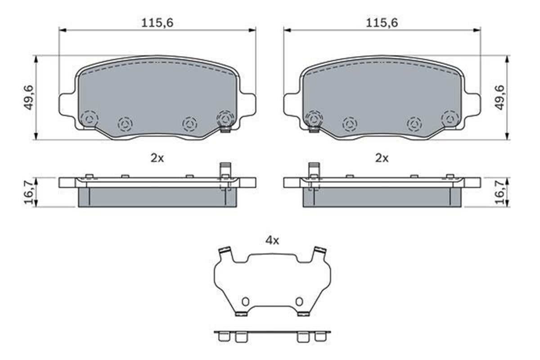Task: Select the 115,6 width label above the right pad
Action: (382, 23)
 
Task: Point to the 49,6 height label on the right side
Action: (499, 98)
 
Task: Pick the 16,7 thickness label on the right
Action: (499, 192)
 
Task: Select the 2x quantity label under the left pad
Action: (157, 158)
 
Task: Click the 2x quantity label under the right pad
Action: (382, 158)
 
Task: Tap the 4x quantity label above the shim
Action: (272, 240)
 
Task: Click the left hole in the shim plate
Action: (245, 301)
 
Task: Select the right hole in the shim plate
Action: (299, 301)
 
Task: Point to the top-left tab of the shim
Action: (224, 251)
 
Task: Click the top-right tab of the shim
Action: (320, 251)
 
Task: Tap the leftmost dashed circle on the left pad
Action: (89, 119)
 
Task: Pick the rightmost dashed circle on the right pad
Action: (450, 119)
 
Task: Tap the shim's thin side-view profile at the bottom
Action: (272, 333)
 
